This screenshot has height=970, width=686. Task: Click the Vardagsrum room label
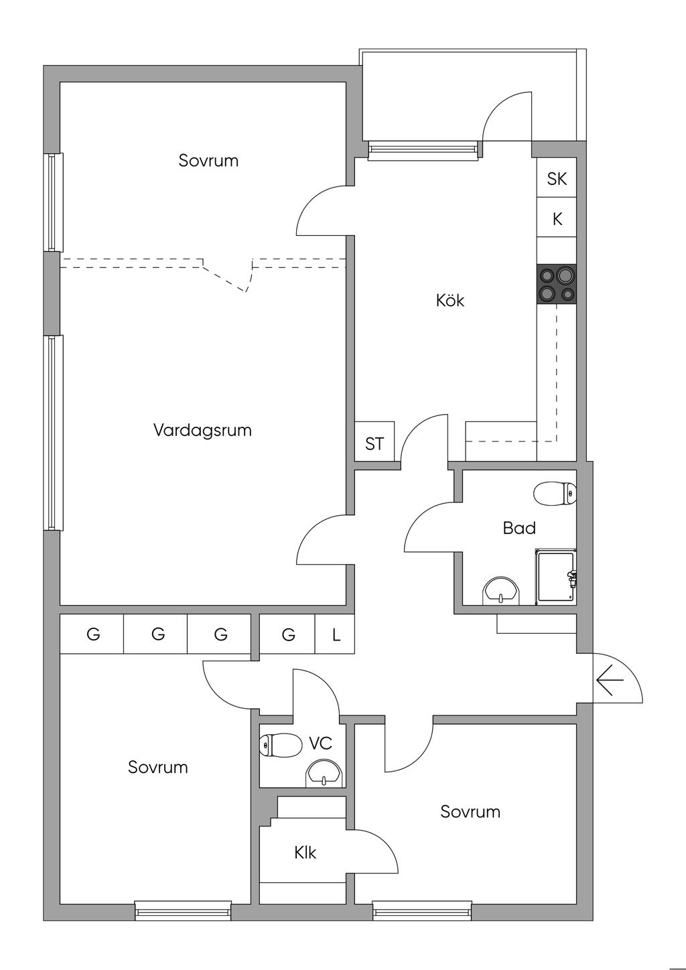[x=202, y=430]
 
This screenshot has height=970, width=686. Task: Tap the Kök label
[x=450, y=300]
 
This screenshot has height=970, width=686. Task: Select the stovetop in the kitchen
[x=557, y=283]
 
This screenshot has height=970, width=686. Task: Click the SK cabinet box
[x=557, y=179]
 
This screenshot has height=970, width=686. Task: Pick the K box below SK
[x=557, y=218]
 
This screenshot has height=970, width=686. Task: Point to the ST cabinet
[x=374, y=443]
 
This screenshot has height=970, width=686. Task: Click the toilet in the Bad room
[x=555, y=494]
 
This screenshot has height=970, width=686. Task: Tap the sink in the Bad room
[x=500, y=590]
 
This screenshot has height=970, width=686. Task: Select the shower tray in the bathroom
[x=555, y=575]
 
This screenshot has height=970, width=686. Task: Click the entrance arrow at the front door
[x=610, y=681]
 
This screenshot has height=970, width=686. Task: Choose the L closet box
[x=336, y=634]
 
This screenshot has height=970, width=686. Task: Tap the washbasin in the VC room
[x=325, y=774]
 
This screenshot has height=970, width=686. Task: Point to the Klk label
[x=305, y=853]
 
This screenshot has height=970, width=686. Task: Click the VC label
[x=320, y=743]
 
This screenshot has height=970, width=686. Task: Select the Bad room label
[x=519, y=529]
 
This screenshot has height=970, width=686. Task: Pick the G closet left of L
[x=288, y=634]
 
